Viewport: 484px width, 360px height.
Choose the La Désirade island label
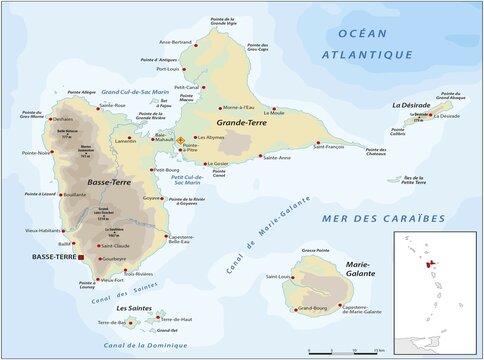412,105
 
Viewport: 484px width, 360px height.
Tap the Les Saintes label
135,308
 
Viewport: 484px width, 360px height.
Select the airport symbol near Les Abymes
181,141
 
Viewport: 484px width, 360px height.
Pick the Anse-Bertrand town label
204,41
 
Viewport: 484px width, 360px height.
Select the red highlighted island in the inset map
438,266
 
